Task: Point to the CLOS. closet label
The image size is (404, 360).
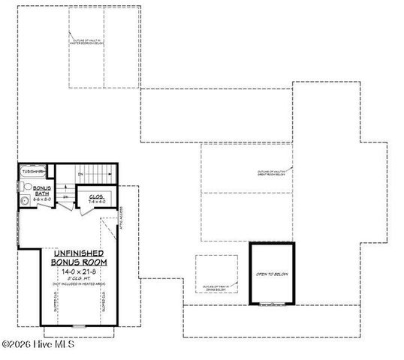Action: coord(96,196)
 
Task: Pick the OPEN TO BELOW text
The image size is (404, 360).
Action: coord(273,274)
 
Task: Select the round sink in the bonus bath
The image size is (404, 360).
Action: coord(25,201)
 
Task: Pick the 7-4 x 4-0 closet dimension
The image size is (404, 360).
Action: coord(96,202)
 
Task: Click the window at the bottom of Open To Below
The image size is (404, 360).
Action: coord(273,302)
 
